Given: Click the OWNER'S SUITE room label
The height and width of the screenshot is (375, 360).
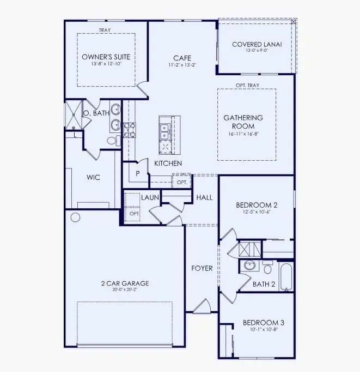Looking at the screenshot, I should (106, 57).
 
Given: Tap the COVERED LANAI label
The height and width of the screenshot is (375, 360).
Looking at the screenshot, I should (257, 45).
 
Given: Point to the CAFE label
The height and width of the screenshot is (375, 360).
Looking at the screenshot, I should (181, 58).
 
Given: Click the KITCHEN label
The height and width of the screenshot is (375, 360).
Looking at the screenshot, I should (168, 164).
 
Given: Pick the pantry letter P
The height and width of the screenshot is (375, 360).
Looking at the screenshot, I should (138, 173).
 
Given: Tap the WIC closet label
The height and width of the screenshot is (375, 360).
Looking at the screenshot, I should (93, 177).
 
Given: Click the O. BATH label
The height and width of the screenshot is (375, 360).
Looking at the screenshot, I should (96, 113).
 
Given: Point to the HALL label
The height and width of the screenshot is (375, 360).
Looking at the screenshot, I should (204, 197).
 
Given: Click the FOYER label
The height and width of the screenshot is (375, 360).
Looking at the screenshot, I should (202, 268).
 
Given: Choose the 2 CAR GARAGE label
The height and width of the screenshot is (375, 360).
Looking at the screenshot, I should (125, 283).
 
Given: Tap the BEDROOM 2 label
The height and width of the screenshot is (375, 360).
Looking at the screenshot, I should (257, 205).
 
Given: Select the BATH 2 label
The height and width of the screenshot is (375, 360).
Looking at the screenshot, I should (264, 283).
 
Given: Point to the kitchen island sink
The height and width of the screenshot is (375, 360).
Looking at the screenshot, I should (164, 130).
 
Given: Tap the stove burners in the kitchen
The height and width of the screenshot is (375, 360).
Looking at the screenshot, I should (130, 129).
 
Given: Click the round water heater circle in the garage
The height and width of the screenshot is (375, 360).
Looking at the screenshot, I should (76, 217).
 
